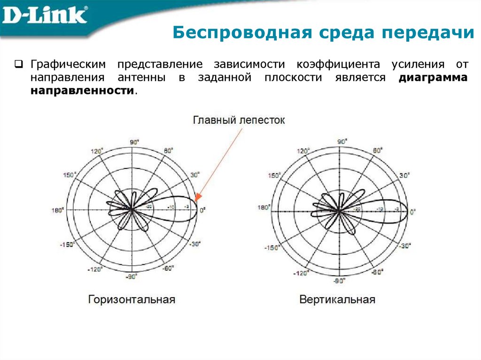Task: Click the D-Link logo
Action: [45, 16]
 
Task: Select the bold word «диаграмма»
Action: [433, 78]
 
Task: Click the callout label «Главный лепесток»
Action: [239, 120]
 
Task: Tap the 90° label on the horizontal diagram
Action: [133, 142]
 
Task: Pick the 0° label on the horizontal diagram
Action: [202, 211]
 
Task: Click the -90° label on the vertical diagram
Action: [339, 281]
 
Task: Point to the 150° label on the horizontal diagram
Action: [69, 175]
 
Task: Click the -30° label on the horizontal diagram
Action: [195, 244]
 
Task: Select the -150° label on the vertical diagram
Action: [272, 247]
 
